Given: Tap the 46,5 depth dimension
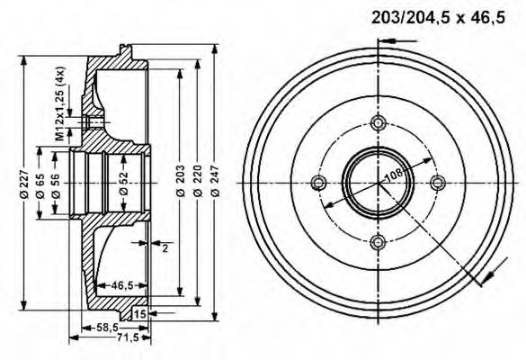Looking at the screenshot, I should pos(122,286).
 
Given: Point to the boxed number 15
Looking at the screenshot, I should pos(139,313).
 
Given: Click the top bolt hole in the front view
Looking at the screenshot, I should pos(378,123).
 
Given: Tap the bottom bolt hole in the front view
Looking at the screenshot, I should pos(378,241).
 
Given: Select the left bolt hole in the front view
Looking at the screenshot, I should pos(317,183).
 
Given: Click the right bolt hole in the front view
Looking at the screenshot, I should pos(438,183).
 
